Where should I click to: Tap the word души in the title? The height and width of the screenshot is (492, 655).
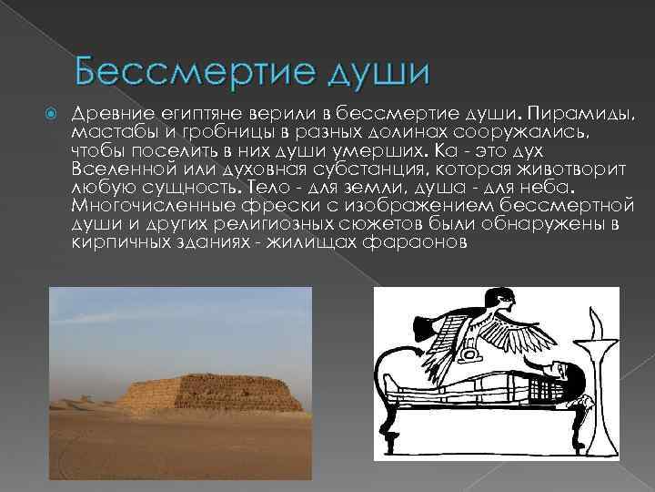[363, 70]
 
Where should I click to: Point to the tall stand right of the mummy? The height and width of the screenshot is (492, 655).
[600, 392]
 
